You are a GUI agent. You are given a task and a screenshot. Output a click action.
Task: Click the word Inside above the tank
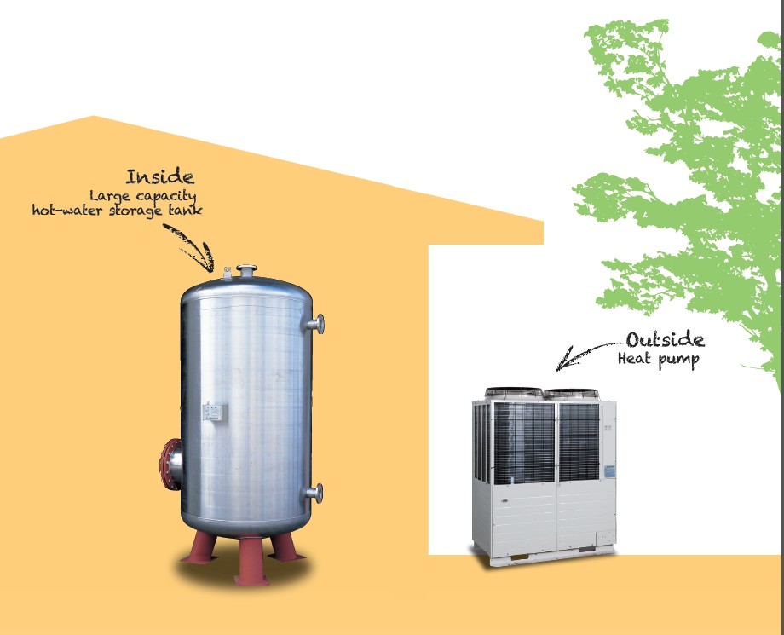[x=160, y=177]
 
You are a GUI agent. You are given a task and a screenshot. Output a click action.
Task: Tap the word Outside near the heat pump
[x=665, y=340]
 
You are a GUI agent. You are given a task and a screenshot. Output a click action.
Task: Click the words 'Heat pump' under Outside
[x=658, y=360]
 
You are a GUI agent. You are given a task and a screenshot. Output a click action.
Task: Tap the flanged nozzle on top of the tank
[x=247, y=271]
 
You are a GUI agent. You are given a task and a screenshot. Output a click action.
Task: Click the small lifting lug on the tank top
[x=228, y=273]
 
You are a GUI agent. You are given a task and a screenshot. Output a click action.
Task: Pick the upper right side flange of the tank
[x=316, y=324]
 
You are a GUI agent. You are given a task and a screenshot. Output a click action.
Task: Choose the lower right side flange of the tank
[x=315, y=492]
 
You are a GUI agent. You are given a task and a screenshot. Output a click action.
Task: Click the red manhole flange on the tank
[x=170, y=465]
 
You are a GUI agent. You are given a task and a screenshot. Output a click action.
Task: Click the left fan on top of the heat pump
[x=513, y=393]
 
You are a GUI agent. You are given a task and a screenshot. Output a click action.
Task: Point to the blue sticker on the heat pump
[x=609, y=470]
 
